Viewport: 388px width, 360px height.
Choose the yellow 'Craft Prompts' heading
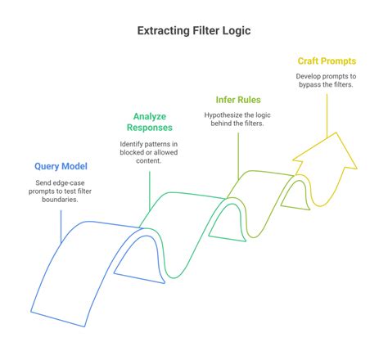pos(327,61)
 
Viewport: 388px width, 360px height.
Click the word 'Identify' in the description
pos(127,144)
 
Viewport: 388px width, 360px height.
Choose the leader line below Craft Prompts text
pos(327,115)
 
